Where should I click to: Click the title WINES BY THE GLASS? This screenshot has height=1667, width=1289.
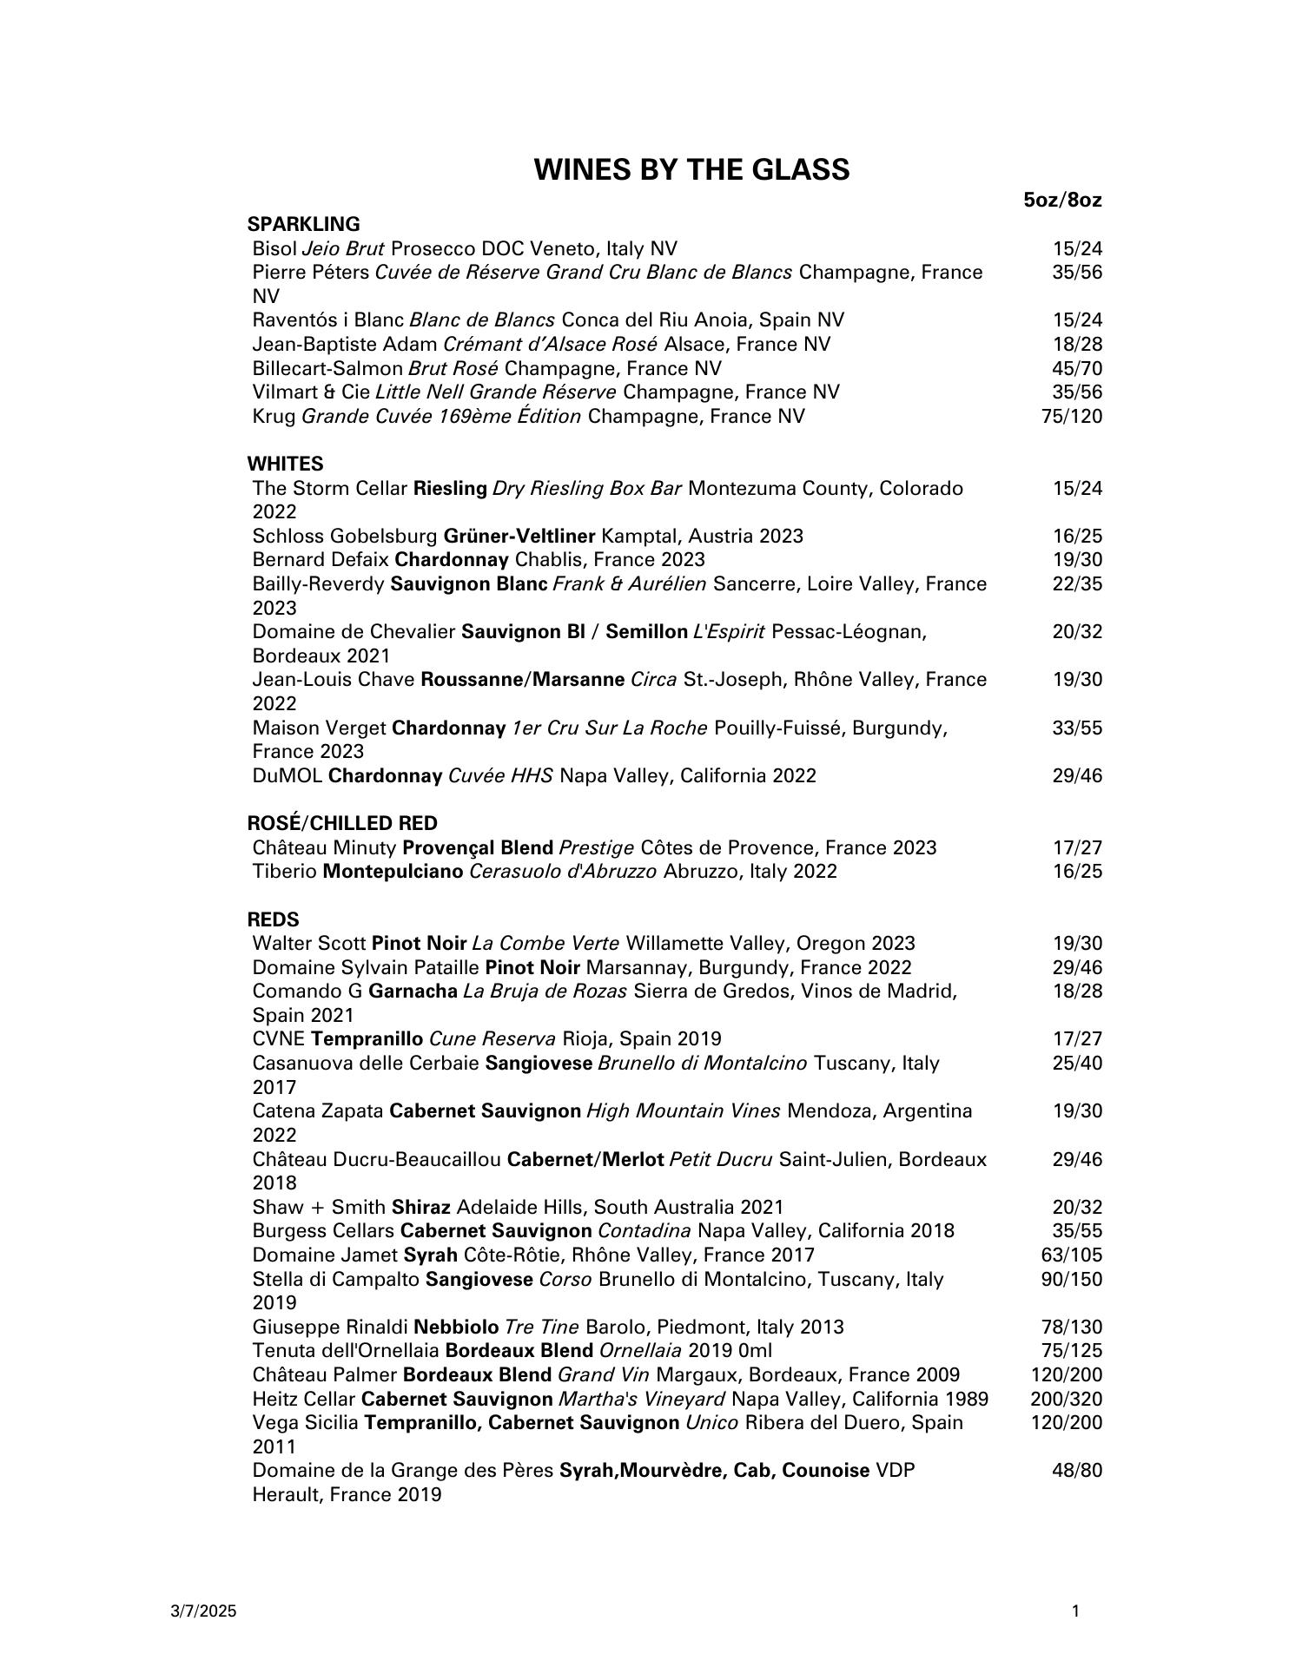click(691, 169)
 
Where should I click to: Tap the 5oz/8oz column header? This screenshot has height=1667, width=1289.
click(1062, 201)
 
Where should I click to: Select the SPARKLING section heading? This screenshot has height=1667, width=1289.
click(303, 224)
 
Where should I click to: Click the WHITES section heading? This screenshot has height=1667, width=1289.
click(285, 464)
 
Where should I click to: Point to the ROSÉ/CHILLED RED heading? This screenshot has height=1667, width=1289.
click(342, 823)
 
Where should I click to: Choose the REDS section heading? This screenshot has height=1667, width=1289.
click(273, 919)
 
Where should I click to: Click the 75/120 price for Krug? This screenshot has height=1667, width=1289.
click(1071, 416)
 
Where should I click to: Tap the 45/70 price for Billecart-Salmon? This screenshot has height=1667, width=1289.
click(1076, 368)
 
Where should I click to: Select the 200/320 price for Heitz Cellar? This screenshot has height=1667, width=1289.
click(1066, 1399)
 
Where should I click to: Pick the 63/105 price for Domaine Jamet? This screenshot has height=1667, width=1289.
click(1071, 1255)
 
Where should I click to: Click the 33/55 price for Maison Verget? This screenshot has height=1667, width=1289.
click(1076, 728)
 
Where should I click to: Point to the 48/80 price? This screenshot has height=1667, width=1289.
click(1076, 1470)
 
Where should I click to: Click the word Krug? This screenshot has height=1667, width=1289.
click(274, 416)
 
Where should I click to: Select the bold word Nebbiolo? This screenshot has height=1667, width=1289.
click(456, 1327)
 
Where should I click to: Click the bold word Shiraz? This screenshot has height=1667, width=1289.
click(420, 1207)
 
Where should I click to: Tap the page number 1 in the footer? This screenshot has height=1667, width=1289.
click(1075, 1611)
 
